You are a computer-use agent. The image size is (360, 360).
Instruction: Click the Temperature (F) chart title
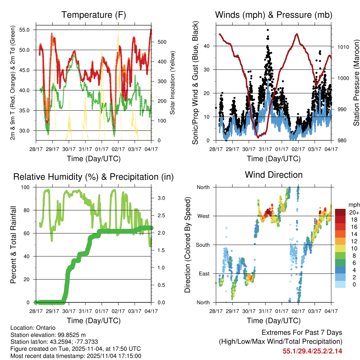(94, 15)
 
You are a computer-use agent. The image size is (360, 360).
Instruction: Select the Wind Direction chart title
(274, 175)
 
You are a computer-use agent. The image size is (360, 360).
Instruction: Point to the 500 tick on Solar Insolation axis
(161, 42)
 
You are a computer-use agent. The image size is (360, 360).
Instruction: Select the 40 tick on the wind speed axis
(207, 46)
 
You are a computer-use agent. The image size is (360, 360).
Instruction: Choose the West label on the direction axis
(203, 216)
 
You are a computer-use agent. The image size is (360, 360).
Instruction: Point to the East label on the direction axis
(204, 274)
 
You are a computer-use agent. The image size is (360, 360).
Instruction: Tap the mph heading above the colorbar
(353, 205)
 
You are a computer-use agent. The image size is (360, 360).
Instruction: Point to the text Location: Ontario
(33, 328)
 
